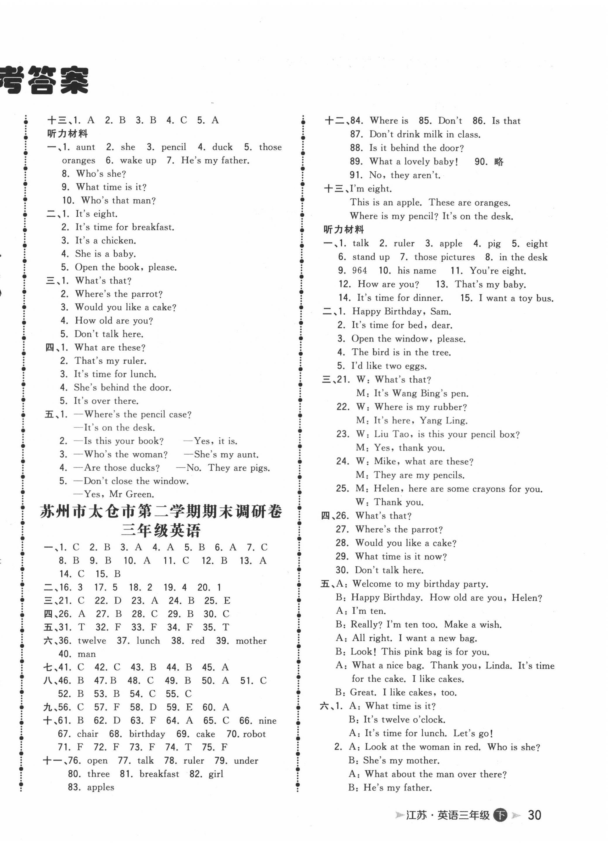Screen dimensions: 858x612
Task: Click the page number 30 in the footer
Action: tap(534, 815)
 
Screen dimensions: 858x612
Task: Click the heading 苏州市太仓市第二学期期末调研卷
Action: tap(161, 511)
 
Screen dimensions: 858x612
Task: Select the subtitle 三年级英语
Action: tap(161, 531)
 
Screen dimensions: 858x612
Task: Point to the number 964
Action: tap(359, 271)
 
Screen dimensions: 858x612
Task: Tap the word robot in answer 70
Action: tap(254, 734)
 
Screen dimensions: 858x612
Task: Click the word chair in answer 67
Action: tap(88, 734)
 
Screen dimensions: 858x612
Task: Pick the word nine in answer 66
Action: tap(268, 721)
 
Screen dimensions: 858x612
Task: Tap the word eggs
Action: tap(415, 366)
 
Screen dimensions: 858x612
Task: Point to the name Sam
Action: tap(440, 312)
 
